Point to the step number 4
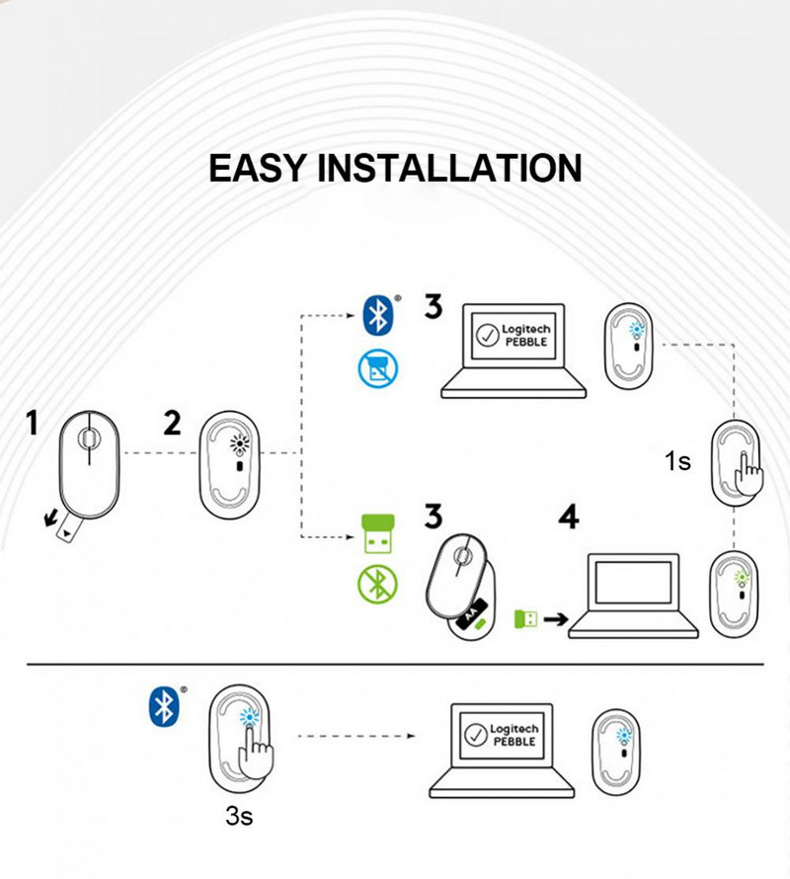pyautogui.click(x=569, y=517)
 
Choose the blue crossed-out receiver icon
pyautogui.click(x=375, y=368)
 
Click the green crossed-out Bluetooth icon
pyautogui.click(x=375, y=585)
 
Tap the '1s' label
pyautogui.click(x=677, y=461)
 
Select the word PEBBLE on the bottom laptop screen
pyautogui.click(x=514, y=741)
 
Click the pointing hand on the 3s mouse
pyautogui.click(x=260, y=753)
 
